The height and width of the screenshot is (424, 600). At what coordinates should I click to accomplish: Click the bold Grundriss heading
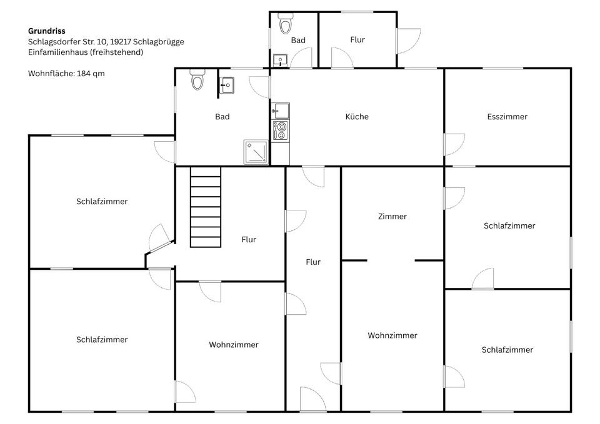point(47,31)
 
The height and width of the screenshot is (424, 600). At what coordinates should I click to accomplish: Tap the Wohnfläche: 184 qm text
point(66,74)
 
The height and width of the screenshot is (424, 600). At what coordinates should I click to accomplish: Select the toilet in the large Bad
point(197,79)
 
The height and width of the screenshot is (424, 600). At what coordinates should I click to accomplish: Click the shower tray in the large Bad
point(256,152)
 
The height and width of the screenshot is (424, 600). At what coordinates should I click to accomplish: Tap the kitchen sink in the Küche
point(281,111)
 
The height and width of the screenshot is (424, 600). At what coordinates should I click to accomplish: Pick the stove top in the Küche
point(281,131)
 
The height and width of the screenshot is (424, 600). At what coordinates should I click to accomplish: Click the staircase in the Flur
point(206,207)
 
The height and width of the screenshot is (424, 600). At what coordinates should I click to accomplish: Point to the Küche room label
point(357,117)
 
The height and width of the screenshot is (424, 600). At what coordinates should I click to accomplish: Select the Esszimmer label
point(507,117)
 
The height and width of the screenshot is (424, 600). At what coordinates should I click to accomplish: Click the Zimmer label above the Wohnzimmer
point(392,217)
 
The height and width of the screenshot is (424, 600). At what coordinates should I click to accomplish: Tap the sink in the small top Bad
point(280,60)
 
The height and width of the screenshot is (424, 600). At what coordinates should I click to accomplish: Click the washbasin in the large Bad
point(226,85)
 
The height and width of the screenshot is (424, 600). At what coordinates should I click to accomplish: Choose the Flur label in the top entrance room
point(357,39)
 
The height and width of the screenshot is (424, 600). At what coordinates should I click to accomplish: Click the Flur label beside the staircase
point(249,239)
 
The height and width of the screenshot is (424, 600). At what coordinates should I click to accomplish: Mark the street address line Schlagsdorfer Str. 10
point(106,42)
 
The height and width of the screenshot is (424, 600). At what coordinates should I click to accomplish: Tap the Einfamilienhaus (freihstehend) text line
point(86,52)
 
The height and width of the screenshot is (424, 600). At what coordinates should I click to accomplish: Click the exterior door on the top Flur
point(409,41)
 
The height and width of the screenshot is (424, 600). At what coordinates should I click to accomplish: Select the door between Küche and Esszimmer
point(454,144)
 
